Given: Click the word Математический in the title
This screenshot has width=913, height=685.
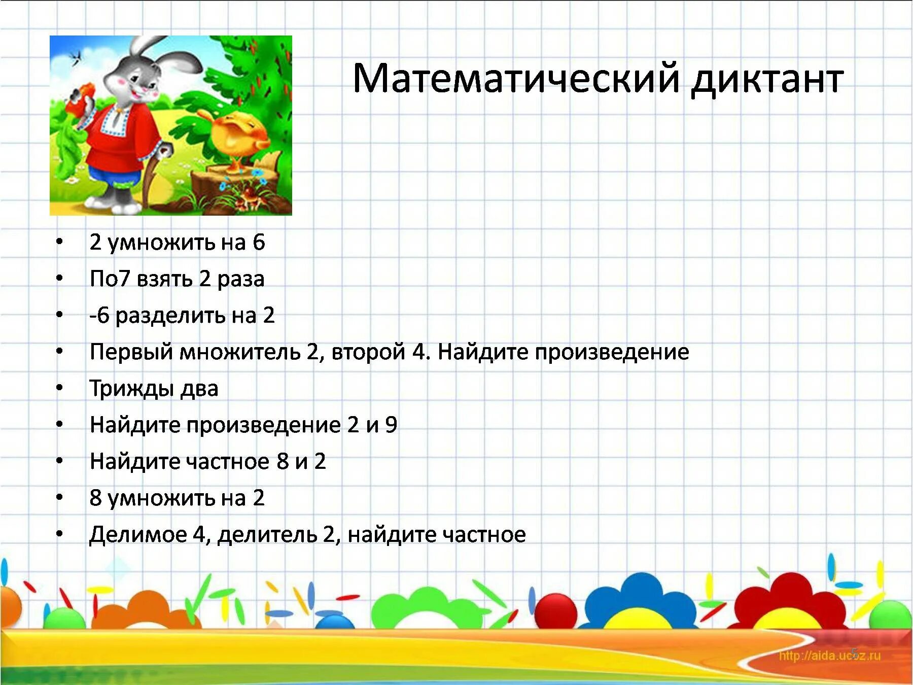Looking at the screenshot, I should pos(515,79).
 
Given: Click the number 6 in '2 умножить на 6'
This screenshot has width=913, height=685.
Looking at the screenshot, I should pos(259,243).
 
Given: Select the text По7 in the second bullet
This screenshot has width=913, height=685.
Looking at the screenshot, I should pos(110,279).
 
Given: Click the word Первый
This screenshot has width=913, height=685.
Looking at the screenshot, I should pos(131,352).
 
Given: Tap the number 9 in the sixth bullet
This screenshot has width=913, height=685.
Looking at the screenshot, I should pos(391,425).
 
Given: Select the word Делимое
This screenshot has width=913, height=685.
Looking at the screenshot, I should pos(138,535).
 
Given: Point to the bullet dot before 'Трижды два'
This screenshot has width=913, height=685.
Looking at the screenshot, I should pos(60,389).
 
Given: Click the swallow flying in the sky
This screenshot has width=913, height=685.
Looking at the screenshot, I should pos(77,56).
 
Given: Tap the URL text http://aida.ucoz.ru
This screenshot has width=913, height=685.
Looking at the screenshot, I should pos(829,656).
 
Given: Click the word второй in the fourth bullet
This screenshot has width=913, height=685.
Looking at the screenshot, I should pos(368,352).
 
